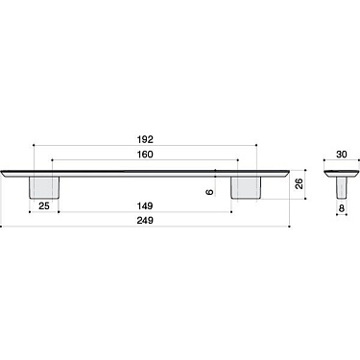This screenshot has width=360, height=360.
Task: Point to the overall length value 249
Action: pos(145,219)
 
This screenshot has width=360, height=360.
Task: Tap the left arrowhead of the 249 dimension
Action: pos(4,227)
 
